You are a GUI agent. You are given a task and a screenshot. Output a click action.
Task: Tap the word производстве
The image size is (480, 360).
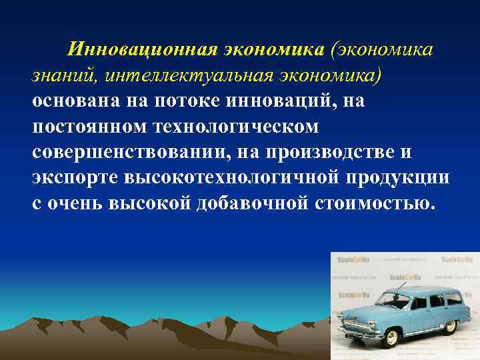[331, 152]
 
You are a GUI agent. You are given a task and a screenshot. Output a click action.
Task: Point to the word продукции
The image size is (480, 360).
[403, 177]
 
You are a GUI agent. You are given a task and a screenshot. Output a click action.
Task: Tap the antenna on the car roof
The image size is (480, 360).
[400, 281]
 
